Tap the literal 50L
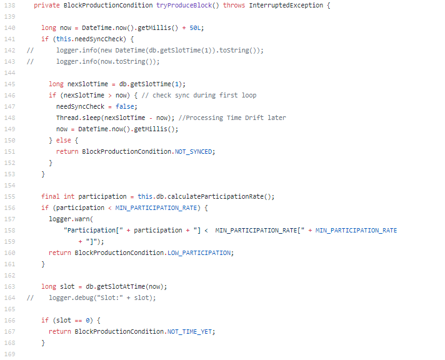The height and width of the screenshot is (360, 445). [197, 27]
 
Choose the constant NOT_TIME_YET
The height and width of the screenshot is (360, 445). [192, 331]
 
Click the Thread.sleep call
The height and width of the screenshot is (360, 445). [79, 117]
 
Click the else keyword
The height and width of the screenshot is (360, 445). [63, 140]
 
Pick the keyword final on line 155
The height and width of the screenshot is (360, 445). [51, 196]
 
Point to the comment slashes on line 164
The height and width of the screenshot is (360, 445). [29, 297]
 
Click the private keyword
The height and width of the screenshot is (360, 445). [47, 5]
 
